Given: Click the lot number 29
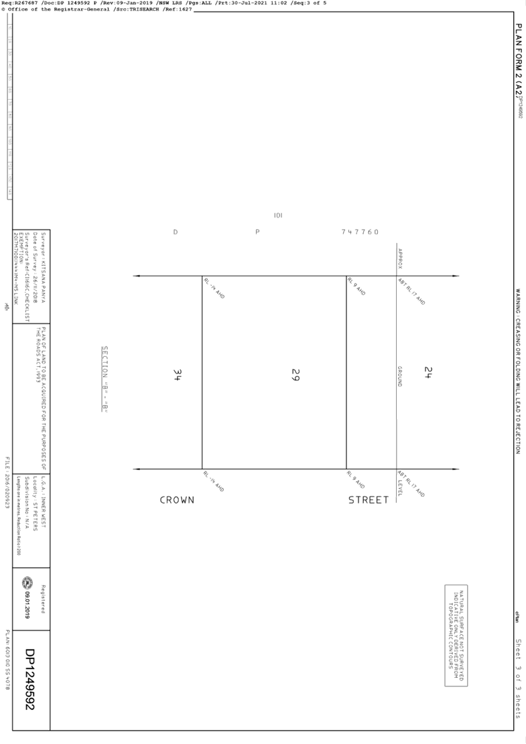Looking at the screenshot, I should click(295, 374).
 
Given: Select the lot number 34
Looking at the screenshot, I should click(178, 374).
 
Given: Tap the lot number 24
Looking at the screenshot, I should click(428, 372).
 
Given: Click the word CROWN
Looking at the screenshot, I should click(177, 500).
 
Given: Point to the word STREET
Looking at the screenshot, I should click(368, 500).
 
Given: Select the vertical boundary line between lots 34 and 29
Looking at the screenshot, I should click(202, 372).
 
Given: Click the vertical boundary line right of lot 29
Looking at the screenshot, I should click(346, 372).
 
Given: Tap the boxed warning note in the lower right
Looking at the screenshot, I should click(456, 635).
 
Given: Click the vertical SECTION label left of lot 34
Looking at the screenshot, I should click(105, 378).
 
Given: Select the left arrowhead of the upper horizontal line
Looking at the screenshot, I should click(136, 276).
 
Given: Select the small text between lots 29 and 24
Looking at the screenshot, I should click(400, 375).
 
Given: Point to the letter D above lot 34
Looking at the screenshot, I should click(176, 232).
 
